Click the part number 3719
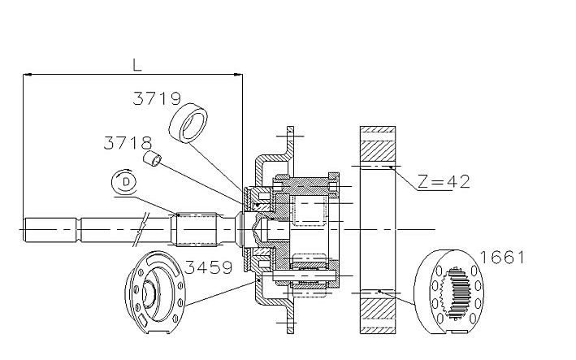(x=157, y=98)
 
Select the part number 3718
(x=128, y=143)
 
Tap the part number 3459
(x=208, y=267)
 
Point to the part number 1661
(x=503, y=257)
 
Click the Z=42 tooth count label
(x=444, y=181)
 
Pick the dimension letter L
(x=137, y=65)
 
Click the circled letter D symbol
(x=124, y=181)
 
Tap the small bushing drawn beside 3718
(x=153, y=158)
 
